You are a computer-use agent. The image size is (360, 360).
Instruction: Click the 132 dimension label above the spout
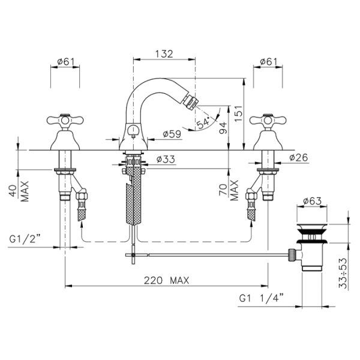tap(164, 54)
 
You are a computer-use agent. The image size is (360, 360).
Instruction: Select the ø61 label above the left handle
tap(65, 62)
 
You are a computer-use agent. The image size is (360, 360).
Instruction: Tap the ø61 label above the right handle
tap(269, 62)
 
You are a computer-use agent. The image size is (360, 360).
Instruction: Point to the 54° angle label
tap(203, 122)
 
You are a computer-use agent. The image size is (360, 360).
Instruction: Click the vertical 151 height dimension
tap(239, 114)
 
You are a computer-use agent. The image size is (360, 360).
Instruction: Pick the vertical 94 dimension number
tap(223, 128)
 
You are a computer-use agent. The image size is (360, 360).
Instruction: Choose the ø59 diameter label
tap(172, 134)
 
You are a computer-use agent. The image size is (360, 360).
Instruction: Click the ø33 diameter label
tap(166, 159)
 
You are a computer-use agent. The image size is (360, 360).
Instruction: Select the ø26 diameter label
tap(298, 158)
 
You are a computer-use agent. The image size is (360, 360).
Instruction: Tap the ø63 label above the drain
tap(312, 201)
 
